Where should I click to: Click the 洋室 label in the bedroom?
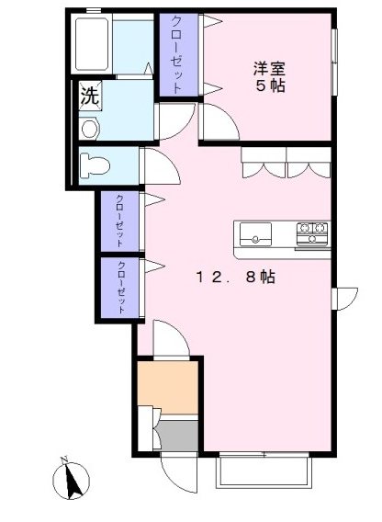pos(270,69)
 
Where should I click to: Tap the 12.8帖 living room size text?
pos(236,277)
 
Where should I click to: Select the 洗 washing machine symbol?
pos(90,96)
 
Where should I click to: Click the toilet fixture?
pos(95,165)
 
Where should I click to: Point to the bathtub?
pos(92,43)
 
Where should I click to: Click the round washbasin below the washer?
pos(90,130)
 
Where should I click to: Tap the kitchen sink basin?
pos(255,234)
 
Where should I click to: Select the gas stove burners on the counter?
pos(312,233)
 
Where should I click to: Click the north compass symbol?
pos(71,478)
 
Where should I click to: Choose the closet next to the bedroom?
pos(179,54)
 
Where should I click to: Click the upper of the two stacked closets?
pos(119,221)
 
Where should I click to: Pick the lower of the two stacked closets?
pos(119,288)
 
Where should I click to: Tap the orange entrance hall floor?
pos(168,387)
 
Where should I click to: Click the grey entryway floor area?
pos(178,435)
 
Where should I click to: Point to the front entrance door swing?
pos(179,472)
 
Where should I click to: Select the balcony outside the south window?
pos(264,472)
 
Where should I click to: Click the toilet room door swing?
pos(161,165)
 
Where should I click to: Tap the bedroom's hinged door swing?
pos(219,121)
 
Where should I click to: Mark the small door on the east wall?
pos(344,299)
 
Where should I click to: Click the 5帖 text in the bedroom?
pos(270,85)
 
